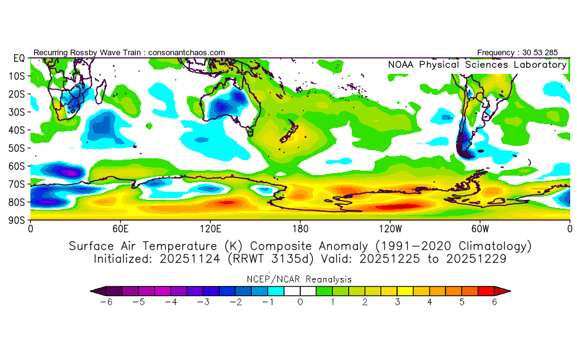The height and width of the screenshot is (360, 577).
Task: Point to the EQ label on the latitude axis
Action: [19, 58]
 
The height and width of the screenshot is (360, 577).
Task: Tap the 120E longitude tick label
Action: [210, 228]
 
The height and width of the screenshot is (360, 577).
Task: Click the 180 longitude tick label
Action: [300, 228]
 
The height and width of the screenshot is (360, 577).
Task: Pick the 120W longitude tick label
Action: [390, 228]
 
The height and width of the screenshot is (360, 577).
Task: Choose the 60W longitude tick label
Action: [480, 228]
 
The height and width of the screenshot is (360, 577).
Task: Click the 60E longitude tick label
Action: [120, 228]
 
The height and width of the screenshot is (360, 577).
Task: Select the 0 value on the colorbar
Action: [300, 302]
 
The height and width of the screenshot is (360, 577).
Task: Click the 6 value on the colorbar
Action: [495, 302]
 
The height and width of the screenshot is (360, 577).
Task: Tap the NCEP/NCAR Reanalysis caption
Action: [300, 279]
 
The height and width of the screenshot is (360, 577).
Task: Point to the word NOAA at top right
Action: [402, 65]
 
